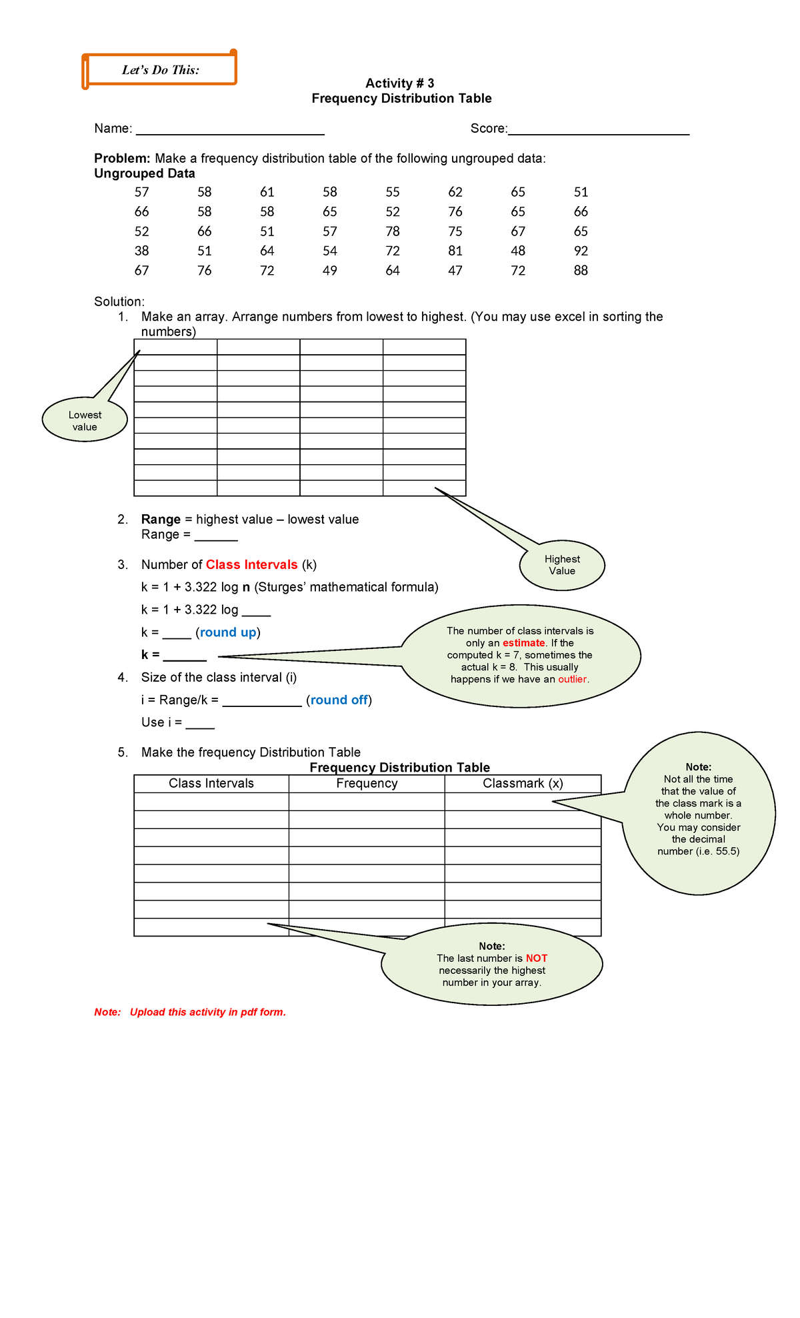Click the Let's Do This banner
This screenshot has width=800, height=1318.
[160, 70]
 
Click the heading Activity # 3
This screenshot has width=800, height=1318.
[399, 83]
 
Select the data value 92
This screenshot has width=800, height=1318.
[581, 251]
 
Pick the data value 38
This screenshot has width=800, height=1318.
[141, 251]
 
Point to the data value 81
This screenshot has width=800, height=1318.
[455, 251]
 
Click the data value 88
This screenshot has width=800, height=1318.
[581, 271]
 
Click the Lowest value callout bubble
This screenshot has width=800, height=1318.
[85, 421]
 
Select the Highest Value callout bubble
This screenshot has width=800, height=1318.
[562, 565]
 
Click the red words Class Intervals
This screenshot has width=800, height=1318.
[251, 565]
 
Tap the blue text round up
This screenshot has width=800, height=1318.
[228, 632]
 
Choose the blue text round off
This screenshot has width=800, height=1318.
[339, 700]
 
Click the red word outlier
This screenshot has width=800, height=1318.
[573, 680]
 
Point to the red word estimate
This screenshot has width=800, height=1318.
[523, 643]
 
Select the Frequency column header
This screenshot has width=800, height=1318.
[367, 784]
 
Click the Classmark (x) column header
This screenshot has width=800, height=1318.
[523, 784]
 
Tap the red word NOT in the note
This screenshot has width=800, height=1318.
[536, 958]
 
